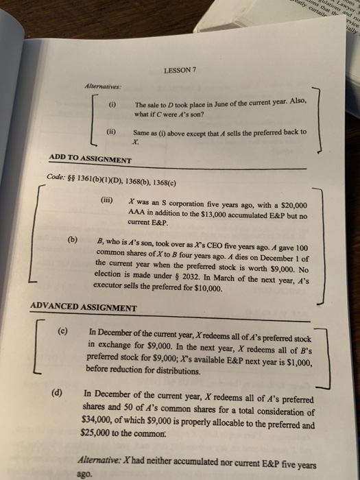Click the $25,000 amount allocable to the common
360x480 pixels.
98,434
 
